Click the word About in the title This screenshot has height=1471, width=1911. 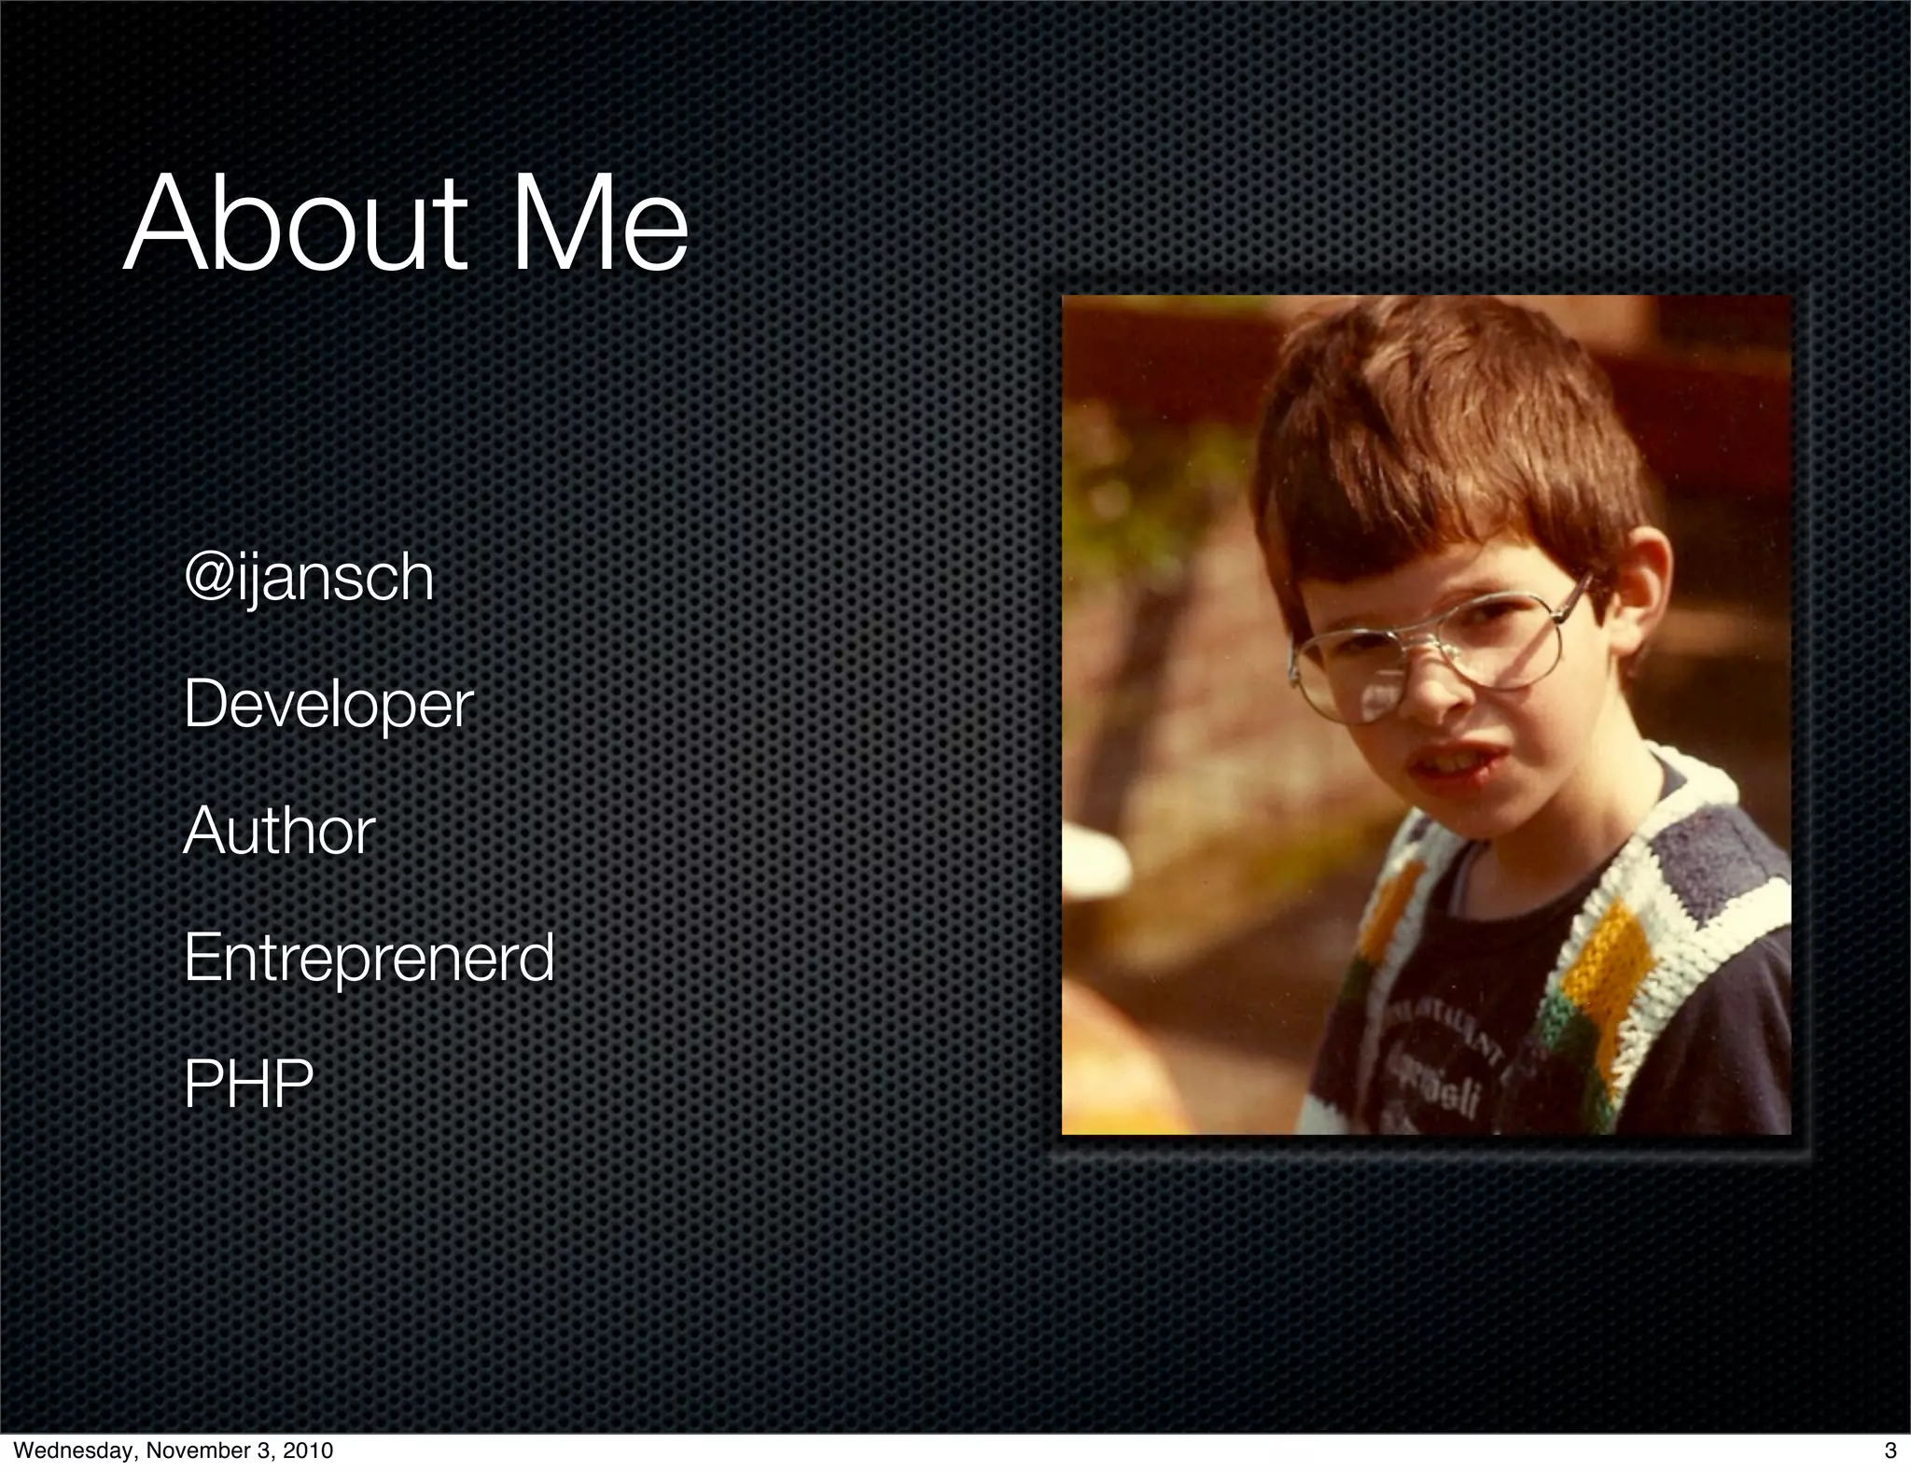(x=295, y=226)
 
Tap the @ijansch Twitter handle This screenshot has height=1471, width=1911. (x=309, y=579)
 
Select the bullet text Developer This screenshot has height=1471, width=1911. (x=328, y=706)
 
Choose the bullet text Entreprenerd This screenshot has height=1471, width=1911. (x=369, y=958)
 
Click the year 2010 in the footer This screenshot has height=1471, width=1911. (x=307, y=1451)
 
